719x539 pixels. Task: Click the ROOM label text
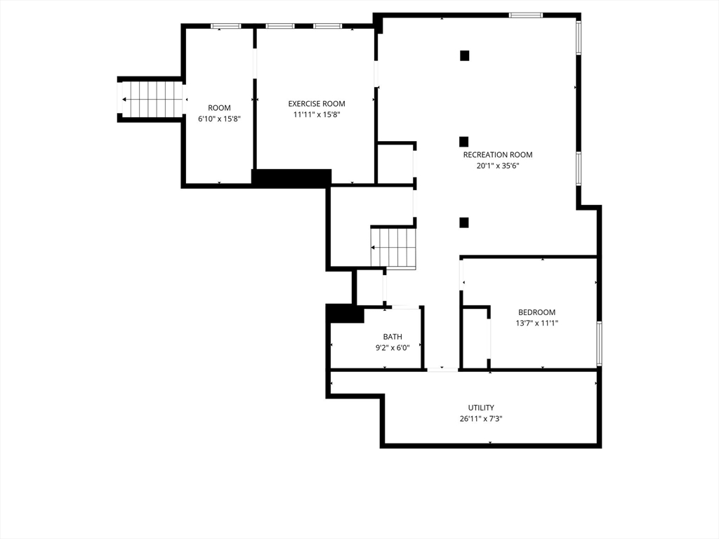pos(219,108)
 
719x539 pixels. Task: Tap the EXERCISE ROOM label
pos(317,104)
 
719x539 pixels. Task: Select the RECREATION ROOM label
pos(498,155)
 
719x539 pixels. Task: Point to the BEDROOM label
pos(536,312)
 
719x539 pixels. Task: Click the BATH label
pos(393,337)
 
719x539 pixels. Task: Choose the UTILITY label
pos(481,408)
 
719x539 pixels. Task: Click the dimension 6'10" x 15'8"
pos(219,119)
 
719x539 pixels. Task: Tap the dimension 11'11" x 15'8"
pos(317,114)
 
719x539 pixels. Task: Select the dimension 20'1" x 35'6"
pos(498,166)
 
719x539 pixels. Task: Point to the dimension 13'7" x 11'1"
pos(536,323)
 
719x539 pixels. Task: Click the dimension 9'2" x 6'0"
pos(393,348)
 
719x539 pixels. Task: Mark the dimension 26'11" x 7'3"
pos(481,418)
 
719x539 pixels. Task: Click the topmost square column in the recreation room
pos(465,55)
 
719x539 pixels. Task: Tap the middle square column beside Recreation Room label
pos(463,142)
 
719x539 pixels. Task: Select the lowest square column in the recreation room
pos(464,222)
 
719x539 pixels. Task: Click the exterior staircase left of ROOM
pos(152,99)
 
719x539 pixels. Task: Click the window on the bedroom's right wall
pos(600,343)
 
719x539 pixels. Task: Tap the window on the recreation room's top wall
pos(525,15)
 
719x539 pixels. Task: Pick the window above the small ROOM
pos(225,26)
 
